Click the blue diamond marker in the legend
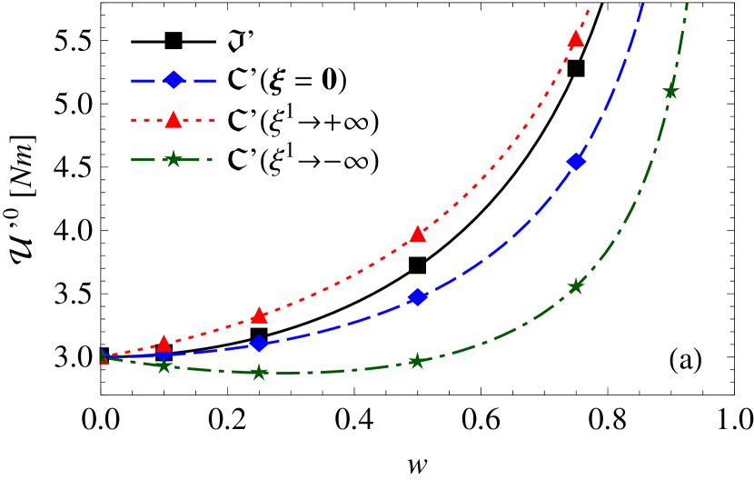[x=174, y=81]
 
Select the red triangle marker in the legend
[x=174, y=119]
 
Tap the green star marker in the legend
[x=174, y=159]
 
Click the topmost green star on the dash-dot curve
[x=670, y=91]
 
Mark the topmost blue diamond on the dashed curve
[x=576, y=162]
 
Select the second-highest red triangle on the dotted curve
[x=418, y=235]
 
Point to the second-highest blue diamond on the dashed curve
[x=417, y=297]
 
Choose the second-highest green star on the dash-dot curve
[x=575, y=286]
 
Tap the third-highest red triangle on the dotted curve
[x=259, y=315]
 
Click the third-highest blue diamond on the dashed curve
[x=259, y=344]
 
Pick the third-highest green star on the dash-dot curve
[x=416, y=361]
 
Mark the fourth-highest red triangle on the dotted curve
[x=164, y=344]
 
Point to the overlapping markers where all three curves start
[x=104, y=356]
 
